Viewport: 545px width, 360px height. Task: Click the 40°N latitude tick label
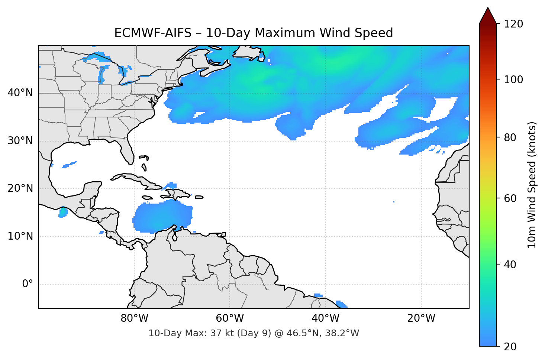[20, 93]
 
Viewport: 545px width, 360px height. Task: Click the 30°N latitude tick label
[20, 141]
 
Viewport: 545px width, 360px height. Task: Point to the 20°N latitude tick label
[20, 188]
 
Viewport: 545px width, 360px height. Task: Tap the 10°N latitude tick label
[20, 236]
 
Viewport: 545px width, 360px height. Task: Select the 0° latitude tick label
[28, 284]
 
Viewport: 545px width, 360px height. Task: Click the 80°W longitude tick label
[134, 318]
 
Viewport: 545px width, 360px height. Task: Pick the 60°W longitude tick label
[230, 318]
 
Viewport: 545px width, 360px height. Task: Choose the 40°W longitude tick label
[325, 318]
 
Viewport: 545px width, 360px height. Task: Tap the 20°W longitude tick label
[421, 318]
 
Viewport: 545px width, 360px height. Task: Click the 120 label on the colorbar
[513, 24]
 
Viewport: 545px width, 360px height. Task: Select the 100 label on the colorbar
[513, 80]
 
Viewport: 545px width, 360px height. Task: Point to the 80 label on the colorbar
[510, 137]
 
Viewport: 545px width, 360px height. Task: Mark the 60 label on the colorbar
[510, 198]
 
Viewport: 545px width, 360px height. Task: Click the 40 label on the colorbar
[510, 265]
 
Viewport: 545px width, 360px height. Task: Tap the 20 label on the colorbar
[510, 347]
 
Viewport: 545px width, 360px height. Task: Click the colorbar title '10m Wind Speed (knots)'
[532, 185]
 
